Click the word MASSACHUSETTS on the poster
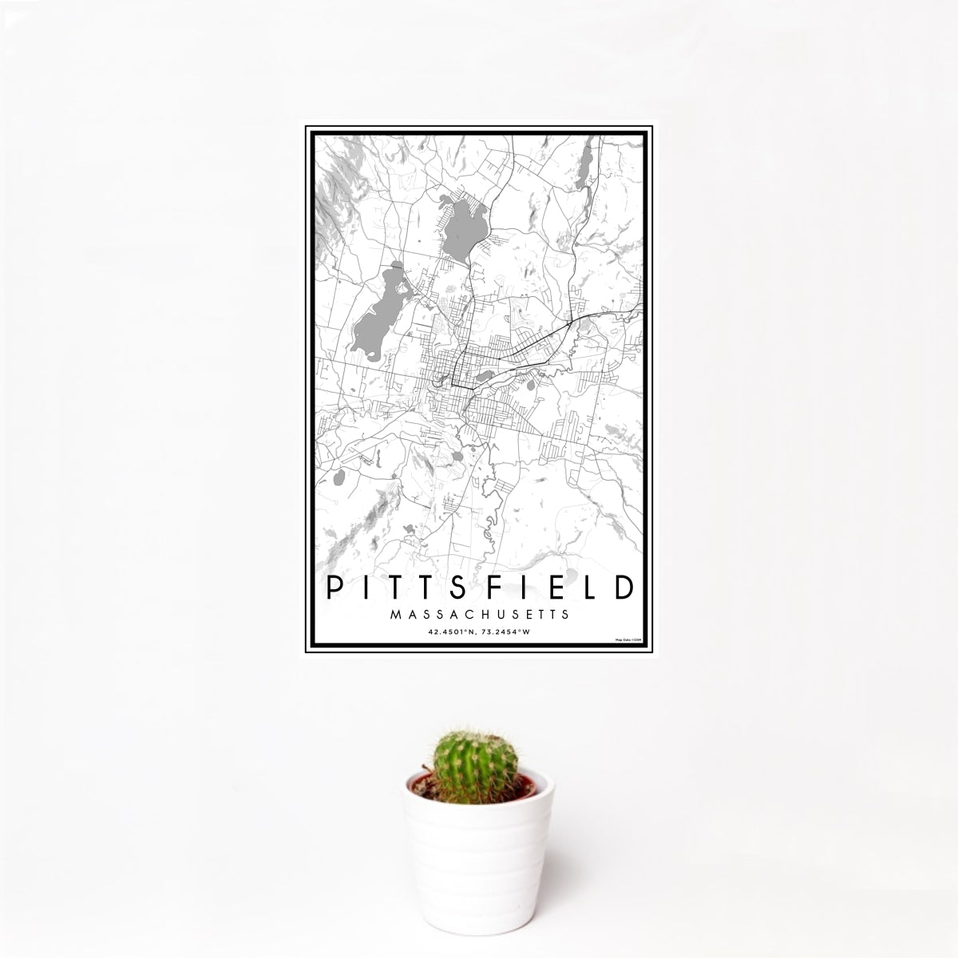coord(479,615)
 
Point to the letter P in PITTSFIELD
coord(332,589)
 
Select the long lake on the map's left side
coord(374,312)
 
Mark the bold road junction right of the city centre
coord(568,323)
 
